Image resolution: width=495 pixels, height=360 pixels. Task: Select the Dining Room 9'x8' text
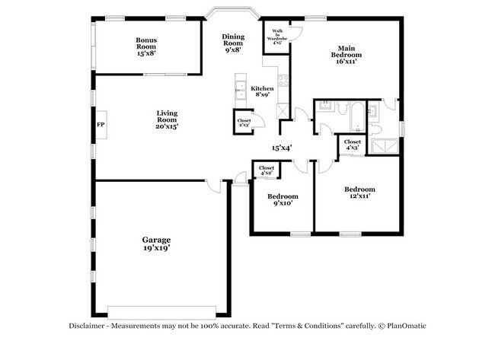tap(233, 43)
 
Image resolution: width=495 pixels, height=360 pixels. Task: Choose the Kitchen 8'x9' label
tap(263, 92)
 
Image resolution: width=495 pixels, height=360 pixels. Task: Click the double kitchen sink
tap(241, 86)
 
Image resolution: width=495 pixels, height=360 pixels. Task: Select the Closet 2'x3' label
tap(244, 123)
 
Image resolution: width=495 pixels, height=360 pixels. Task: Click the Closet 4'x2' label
tap(267, 170)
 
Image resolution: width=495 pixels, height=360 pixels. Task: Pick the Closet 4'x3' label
tap(353, 145)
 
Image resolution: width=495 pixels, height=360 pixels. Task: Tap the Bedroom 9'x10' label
tap(279, 199)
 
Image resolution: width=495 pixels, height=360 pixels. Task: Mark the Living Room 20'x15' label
tap(166, 119)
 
